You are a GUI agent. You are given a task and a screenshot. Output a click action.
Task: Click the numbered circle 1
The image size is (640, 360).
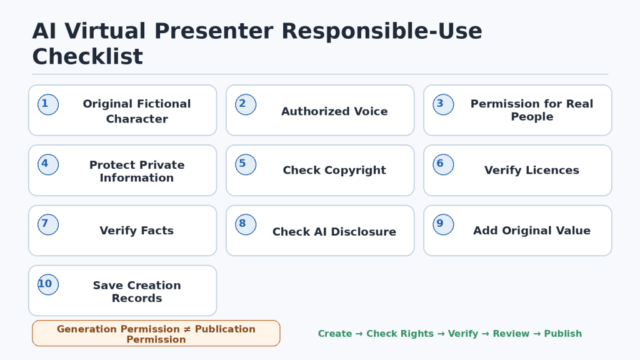pyautogui.click(x=48, y=104)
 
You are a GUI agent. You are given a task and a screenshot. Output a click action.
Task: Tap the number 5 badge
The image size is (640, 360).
pyautogui.click(x=246, y=164)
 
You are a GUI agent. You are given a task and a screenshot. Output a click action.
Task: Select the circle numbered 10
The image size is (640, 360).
pyautogui.click(x=48, y=284)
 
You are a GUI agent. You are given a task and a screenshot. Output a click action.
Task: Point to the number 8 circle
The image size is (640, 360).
pyautogui.click(x=246, y=224)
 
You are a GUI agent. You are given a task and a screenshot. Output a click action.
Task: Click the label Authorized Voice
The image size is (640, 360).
pyautogui.click(x=334, y=111)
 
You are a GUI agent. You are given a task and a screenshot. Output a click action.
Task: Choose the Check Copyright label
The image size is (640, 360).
pyautogui.click(x=334, y=170)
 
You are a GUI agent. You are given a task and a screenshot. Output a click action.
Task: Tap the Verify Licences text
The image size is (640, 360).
pyautogui.click(x=532, y=170)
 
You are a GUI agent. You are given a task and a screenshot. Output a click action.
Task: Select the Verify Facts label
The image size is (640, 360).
pyautogui.click(x=137, y=231)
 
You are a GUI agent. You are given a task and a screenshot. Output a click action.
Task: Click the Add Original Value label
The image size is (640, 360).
pyautogui.click(x=532, y=231)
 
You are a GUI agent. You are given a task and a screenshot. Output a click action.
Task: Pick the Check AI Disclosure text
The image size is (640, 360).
pyautogui.click(x=334, y=231)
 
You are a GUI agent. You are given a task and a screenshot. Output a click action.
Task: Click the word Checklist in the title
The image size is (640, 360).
pyautogui.click(x=87, y=56)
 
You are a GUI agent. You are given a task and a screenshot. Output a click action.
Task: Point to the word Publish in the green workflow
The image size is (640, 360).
pyautogui.click(x=563, y=334)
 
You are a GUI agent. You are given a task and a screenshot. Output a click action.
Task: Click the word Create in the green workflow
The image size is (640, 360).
pyautogui.click(x=335, y=334)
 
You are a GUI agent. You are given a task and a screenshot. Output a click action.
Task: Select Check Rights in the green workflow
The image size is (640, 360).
pyautogui.click(x=400, y=334)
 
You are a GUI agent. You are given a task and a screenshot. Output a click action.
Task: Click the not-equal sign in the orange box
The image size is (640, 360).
pyautogui.click(x=187, y=329)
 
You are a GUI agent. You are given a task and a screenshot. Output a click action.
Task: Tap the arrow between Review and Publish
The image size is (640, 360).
pyautogui.click(x=537, y=334)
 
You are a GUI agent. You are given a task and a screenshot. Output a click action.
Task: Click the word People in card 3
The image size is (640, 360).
pyautogui.click(x=532, y=117)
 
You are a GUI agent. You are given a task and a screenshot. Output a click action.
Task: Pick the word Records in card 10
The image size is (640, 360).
pyautogui.click(x=137, y=298)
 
